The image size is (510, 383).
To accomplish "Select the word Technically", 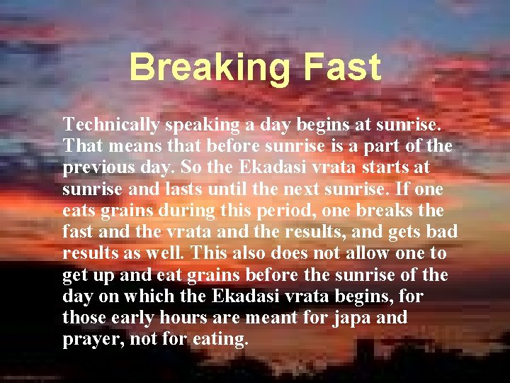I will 112,126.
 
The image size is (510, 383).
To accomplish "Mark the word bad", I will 442,233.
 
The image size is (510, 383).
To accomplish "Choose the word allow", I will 375,254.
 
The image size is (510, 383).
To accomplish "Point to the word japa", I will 349,318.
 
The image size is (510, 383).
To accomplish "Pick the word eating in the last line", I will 219,339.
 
